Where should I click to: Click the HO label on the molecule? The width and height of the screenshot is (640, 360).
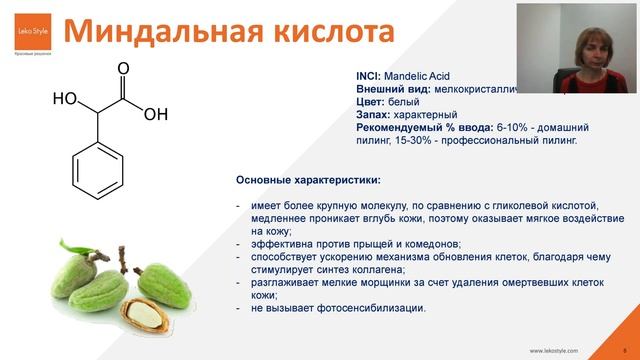[x=65, y=100]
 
